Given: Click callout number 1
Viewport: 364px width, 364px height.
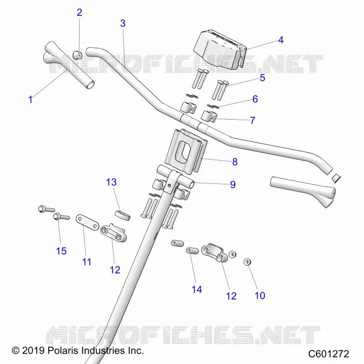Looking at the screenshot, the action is pyautogui.click(x=30, y=99).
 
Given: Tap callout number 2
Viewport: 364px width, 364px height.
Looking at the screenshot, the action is pyautogui.click(x=79, y=13).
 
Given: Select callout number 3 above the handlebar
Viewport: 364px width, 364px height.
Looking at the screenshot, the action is pyautogui.click(x=123, y=23).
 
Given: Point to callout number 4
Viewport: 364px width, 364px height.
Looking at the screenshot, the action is pyautogui.click(x=281, y=40).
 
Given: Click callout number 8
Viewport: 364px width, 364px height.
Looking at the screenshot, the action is pyautogui.click(x=235, y=162).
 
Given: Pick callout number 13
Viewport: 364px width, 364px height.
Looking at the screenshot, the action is pyautogui.click(x=111, y=182).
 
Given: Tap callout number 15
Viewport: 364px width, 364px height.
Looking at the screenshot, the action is pyautogui.click(x=61, y=251).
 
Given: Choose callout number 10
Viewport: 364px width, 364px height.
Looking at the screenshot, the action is pyautogui.click(x=260, y=295).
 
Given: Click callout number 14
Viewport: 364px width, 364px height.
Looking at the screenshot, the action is pyautogui.click(x=197, y=289).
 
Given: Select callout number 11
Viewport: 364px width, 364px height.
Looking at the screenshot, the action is pyautogui.click(x=86, y=262).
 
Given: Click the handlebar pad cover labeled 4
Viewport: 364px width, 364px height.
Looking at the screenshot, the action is pyautogui.click(x=219, y=50).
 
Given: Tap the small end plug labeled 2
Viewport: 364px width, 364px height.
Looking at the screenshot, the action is pyautogui.click(x=77, y=55).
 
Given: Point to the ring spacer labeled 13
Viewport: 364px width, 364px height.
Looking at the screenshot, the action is pyautogui.click(x=123, y=215).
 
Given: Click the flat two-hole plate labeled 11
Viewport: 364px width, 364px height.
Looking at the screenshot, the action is pyautogui.click(x=87, y=222).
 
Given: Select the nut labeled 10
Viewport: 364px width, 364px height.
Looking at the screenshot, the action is pyautogui.click(x=248, y=262).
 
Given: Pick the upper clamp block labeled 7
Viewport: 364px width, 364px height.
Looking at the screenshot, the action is pyautogui.click(x=208, y=116).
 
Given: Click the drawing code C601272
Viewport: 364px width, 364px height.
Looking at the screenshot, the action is pyautogui.click(x=329, y=354).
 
